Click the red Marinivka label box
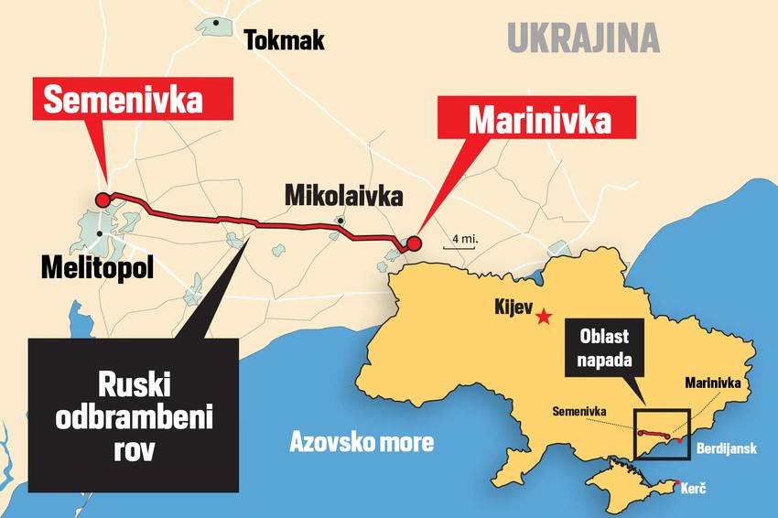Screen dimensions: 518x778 [x=538, y=121]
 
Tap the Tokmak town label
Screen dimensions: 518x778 [x=284, y=40]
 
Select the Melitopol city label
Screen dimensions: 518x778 [x=97, y=267]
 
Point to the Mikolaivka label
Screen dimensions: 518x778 [x=342, y=196]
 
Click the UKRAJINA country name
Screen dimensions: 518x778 [x=583, y=39]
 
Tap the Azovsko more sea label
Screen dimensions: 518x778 [x=362, y=443]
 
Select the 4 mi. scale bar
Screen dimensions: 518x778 [x=460, y=243]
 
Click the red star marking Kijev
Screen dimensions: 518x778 [x=544, y=317]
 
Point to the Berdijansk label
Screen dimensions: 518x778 [x=728, y=450]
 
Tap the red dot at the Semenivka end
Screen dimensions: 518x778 [x=103, y=200]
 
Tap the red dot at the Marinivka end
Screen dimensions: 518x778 [x=413, y=243]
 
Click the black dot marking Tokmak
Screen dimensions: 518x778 [x=216, y=22]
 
